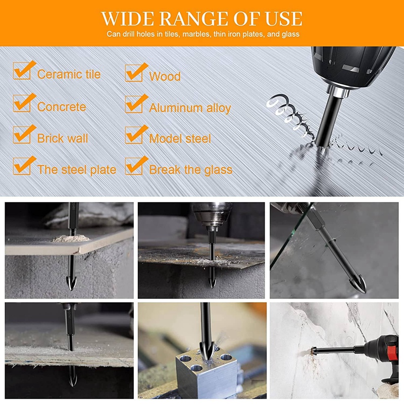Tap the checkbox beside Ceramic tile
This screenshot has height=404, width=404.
pos(22,71)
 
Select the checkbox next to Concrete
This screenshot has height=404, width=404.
pos(22,104)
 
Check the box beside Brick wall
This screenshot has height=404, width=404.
pos(22,135)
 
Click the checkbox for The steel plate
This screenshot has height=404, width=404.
pos(22,166)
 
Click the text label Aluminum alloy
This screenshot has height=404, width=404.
pos(190,108)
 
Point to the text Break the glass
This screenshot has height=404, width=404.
pos(191,170)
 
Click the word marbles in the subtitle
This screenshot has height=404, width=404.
pos(195,34)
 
